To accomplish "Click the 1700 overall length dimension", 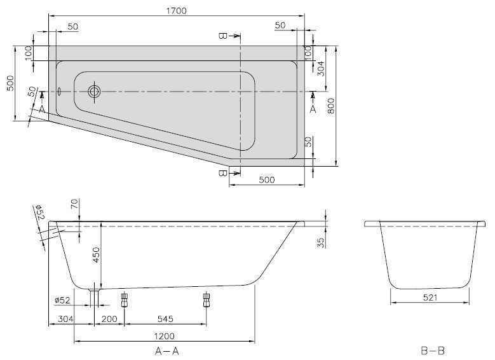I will coord(177,11).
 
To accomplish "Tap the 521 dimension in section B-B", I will coord(430,295).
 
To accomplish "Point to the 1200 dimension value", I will coord(165,335).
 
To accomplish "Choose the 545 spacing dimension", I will coord(165,318).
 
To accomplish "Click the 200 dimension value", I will coord(109,318).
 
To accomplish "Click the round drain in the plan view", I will coord(95,92).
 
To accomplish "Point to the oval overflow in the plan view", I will coord(59,91).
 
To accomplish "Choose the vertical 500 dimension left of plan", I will coord(10,84).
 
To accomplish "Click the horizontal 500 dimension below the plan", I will coord(266,180).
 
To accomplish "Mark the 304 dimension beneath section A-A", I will coord(66,318).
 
